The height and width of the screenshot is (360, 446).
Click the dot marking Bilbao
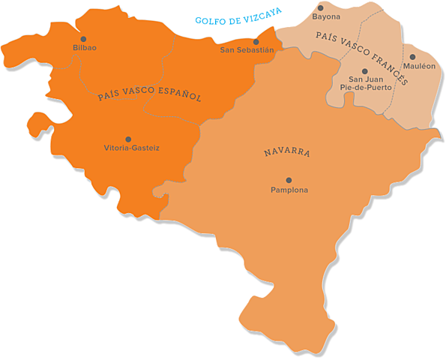[83, 39]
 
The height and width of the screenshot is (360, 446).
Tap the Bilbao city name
[85, 48]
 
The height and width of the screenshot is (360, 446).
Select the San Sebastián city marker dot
[256, 42]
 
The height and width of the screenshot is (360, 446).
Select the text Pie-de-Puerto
[364, 87]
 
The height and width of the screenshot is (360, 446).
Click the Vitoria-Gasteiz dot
[128, 139]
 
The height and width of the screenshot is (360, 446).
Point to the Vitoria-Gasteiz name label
[131, 148]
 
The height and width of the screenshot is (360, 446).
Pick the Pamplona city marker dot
[289, 180]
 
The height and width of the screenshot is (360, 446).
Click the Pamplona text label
[289, 190]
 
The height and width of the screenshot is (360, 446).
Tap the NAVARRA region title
[287, 152]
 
